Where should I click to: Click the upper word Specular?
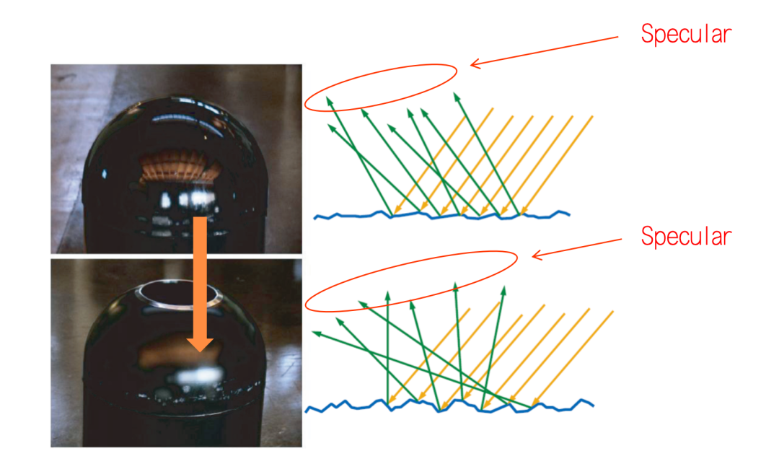(x=686, y=35)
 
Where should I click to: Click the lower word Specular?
(x=686, y=237)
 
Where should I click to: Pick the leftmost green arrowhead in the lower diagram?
(x=316, y=333)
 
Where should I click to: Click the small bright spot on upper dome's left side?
(x=106, y=173)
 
